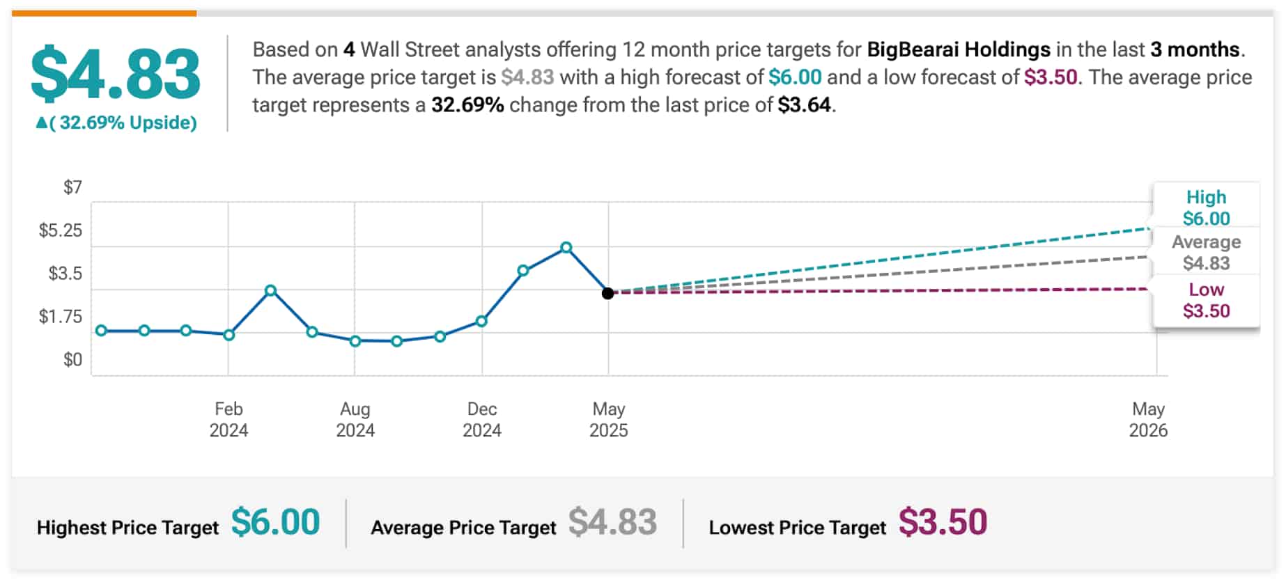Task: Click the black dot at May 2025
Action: tap(608, 293)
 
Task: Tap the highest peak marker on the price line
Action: tap(566, 247)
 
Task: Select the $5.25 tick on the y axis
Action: tap(60, 230)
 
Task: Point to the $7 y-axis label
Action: tap(72, 187)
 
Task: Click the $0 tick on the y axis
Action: tap(72, 360)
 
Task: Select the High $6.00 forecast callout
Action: tap(1206, 207)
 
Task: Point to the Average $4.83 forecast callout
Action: tap(1206, 252)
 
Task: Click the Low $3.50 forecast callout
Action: tap(1206, 300)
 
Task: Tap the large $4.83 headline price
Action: tap(116, 74)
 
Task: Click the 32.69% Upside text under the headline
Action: tap(117, 123)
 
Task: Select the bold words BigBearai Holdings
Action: tap(959, 49)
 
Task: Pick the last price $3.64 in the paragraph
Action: tap(805, 105)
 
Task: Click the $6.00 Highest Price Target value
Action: tap(275, 522)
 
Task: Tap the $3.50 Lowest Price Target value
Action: tap(943, 522)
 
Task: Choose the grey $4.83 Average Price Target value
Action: tap(612, 522)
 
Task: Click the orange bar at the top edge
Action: tap(104, 13)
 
